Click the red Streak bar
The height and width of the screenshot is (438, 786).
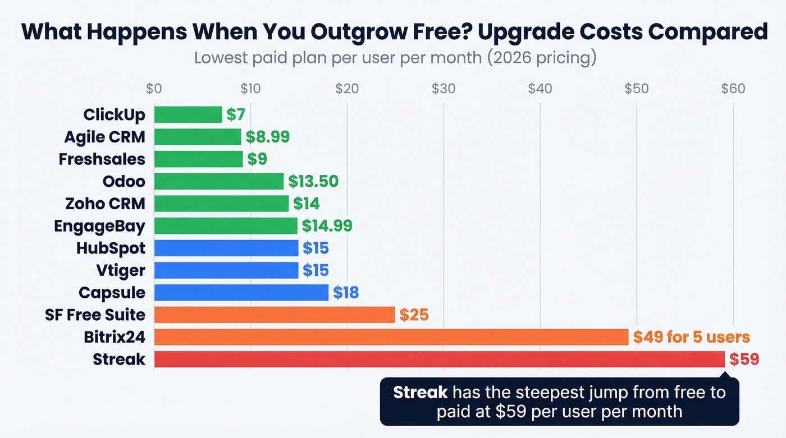(x=439, y=359)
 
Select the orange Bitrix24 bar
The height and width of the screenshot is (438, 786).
(x=391, y=337)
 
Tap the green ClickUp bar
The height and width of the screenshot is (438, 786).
(x=188, y=114)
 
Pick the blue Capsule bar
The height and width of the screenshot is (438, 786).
(x=241, y=293)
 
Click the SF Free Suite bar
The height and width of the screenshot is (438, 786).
(x=274, y=315)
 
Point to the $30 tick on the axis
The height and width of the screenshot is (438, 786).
(x=444, y=89)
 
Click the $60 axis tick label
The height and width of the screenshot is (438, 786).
(x=733, y=89)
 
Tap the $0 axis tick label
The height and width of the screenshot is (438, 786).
(x=154, y=89)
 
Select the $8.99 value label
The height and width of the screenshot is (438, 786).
(x=267, y=137)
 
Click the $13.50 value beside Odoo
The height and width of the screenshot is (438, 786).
(x=313, y=181)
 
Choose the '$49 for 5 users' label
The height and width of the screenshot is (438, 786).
(x=691, y=337)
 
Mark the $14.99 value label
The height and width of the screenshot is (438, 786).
(x=327, y=225)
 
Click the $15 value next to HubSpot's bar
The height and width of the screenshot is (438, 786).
(x=316, y=248)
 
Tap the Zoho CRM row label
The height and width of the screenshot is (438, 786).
(x=105, y=204)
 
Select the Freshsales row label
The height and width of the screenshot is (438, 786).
(x=102, y=159)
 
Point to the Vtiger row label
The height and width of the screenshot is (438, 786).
(x=120, y=270)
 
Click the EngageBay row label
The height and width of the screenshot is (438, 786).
(x=99, y=226)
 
